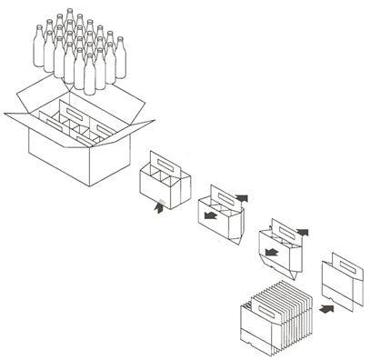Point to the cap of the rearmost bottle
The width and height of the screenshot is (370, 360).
[69, 13]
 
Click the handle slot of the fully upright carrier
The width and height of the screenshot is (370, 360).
[167, 164]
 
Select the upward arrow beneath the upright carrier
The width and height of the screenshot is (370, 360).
[162, 208]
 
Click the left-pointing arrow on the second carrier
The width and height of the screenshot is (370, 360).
[211, 217]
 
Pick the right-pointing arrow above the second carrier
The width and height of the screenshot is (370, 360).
[243, 195]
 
